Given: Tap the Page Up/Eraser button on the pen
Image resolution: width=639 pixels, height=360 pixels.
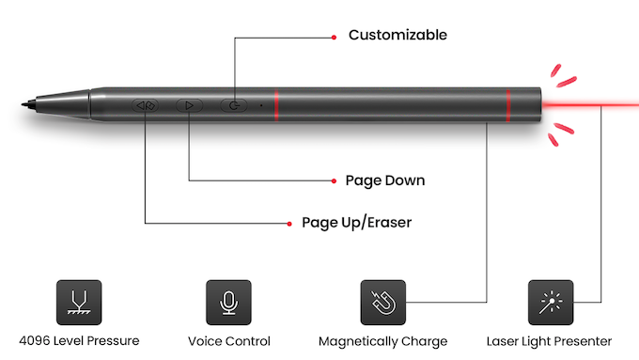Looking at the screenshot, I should tap(146, 105).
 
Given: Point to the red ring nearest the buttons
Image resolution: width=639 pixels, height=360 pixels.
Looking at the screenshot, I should tap(275, 105).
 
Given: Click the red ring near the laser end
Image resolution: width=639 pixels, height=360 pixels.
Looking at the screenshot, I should tap(507, 105).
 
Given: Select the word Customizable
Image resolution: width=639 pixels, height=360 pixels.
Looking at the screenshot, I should tap(397, 36).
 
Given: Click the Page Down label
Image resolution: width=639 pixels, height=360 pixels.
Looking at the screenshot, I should tap(385, 180).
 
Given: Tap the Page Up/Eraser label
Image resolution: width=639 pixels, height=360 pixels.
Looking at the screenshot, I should tap(356, 223).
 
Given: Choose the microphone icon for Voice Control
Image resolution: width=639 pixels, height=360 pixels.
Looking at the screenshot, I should tap(228, 302).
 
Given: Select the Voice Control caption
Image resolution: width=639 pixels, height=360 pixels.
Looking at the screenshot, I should tap(228, 341).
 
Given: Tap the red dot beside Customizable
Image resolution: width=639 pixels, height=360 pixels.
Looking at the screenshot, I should tap(333, 37).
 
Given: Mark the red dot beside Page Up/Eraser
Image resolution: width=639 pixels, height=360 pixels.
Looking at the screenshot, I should tap(288, 223).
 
